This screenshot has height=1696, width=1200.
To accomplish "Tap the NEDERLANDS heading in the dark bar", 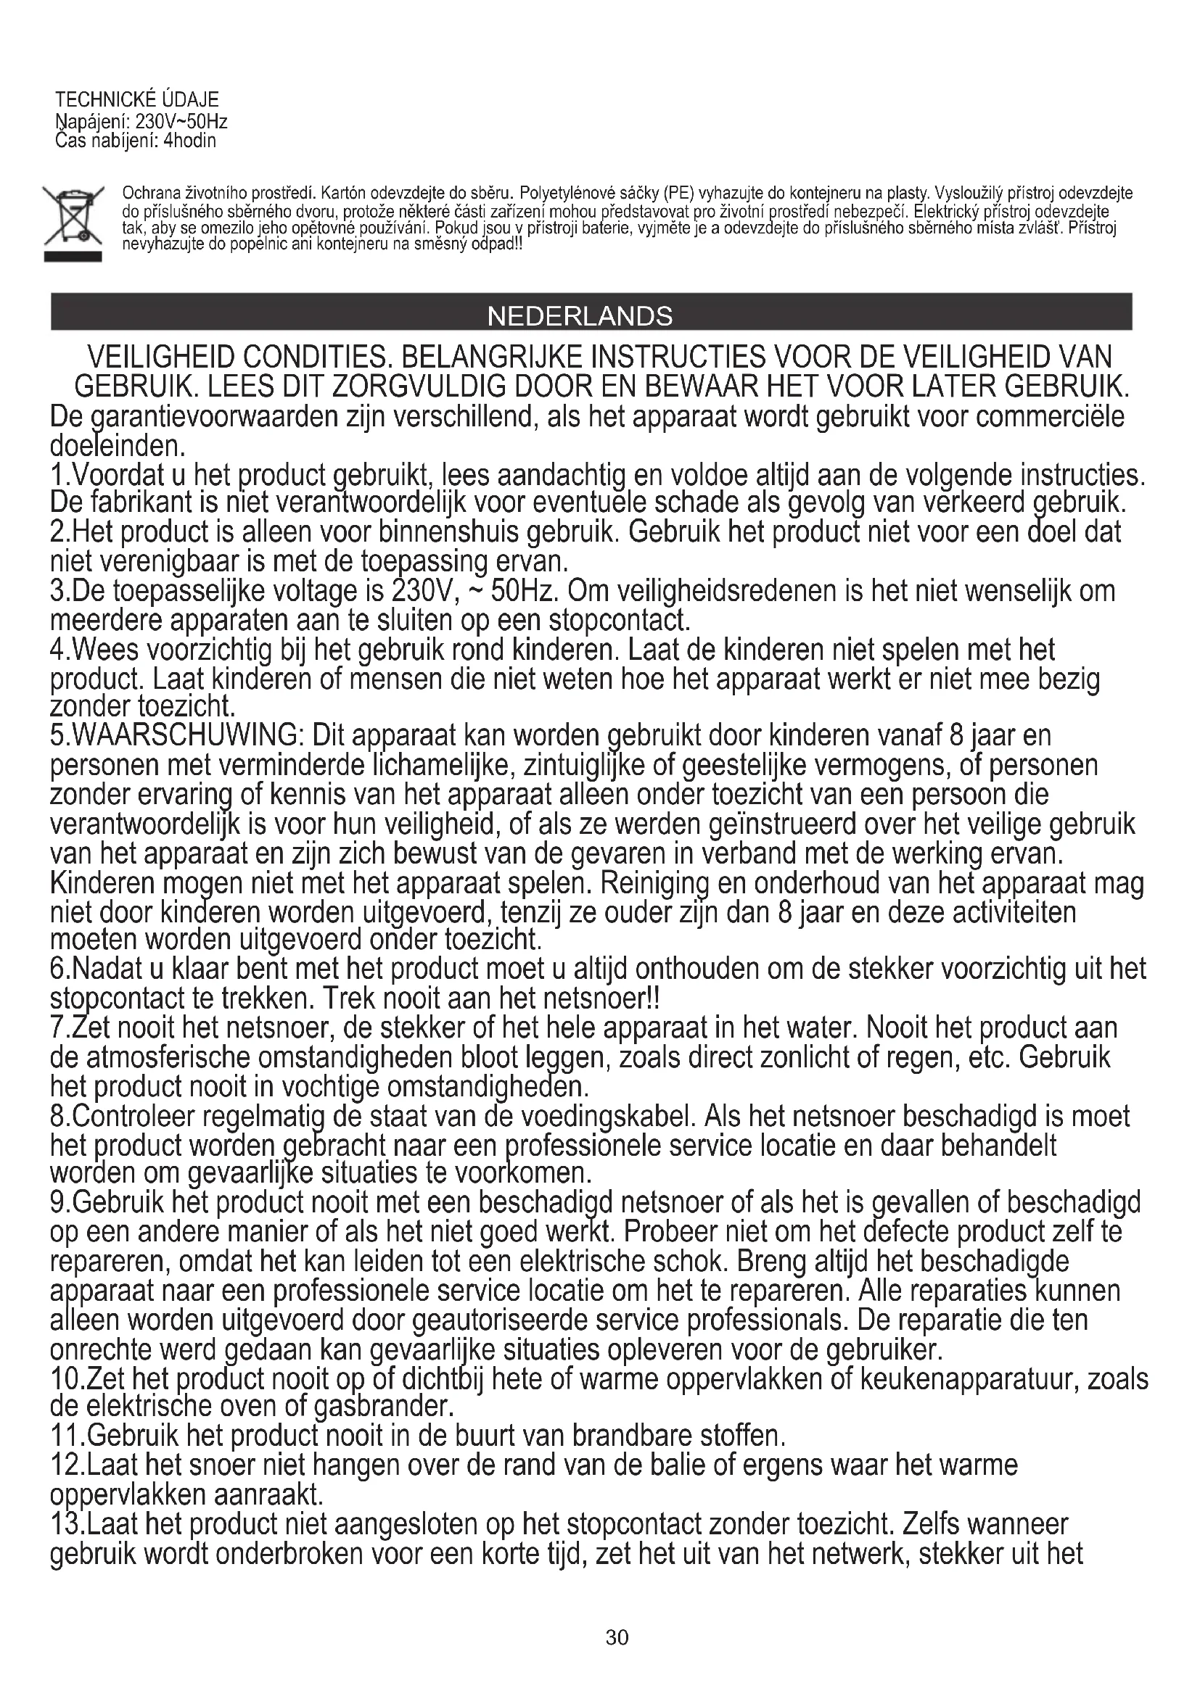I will (580, 316).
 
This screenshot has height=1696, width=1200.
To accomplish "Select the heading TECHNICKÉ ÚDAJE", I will (137, 100).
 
